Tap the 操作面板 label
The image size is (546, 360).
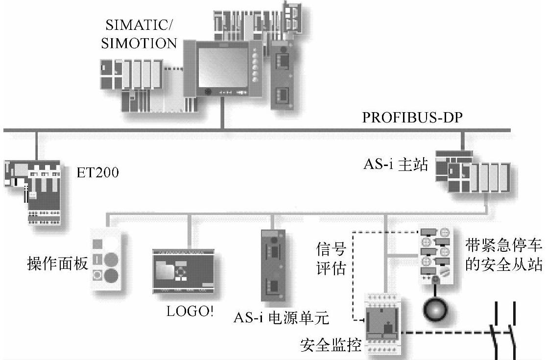click(57, 264)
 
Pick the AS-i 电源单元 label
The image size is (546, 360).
click(281, 318)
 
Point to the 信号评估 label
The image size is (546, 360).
click(332, 260)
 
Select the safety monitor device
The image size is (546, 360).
click(385, 324)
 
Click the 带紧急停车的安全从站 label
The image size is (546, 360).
click(503, 255)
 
